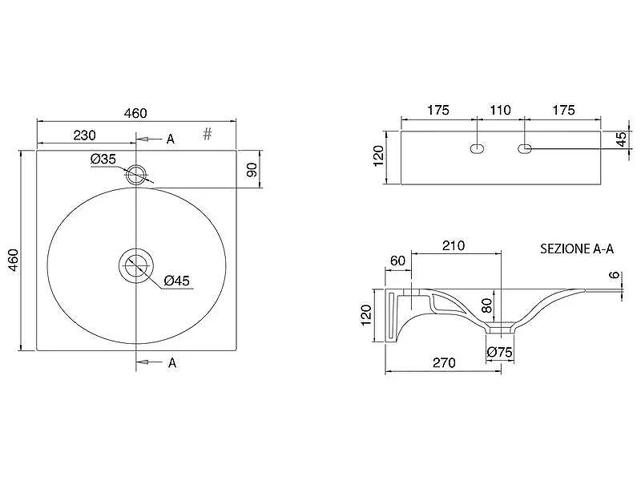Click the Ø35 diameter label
103,159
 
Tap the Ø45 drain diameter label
177,281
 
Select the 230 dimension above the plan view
85,135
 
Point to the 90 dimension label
252,170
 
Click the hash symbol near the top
208,133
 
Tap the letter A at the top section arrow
171,139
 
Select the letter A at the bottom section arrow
172,363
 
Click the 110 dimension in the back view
500,110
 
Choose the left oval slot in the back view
477,148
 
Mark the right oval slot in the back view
525,148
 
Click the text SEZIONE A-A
577,249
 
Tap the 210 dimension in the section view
454,245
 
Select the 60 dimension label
397,261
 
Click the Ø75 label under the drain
499,352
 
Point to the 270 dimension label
444,363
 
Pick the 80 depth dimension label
486,305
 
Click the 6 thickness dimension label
615,275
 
